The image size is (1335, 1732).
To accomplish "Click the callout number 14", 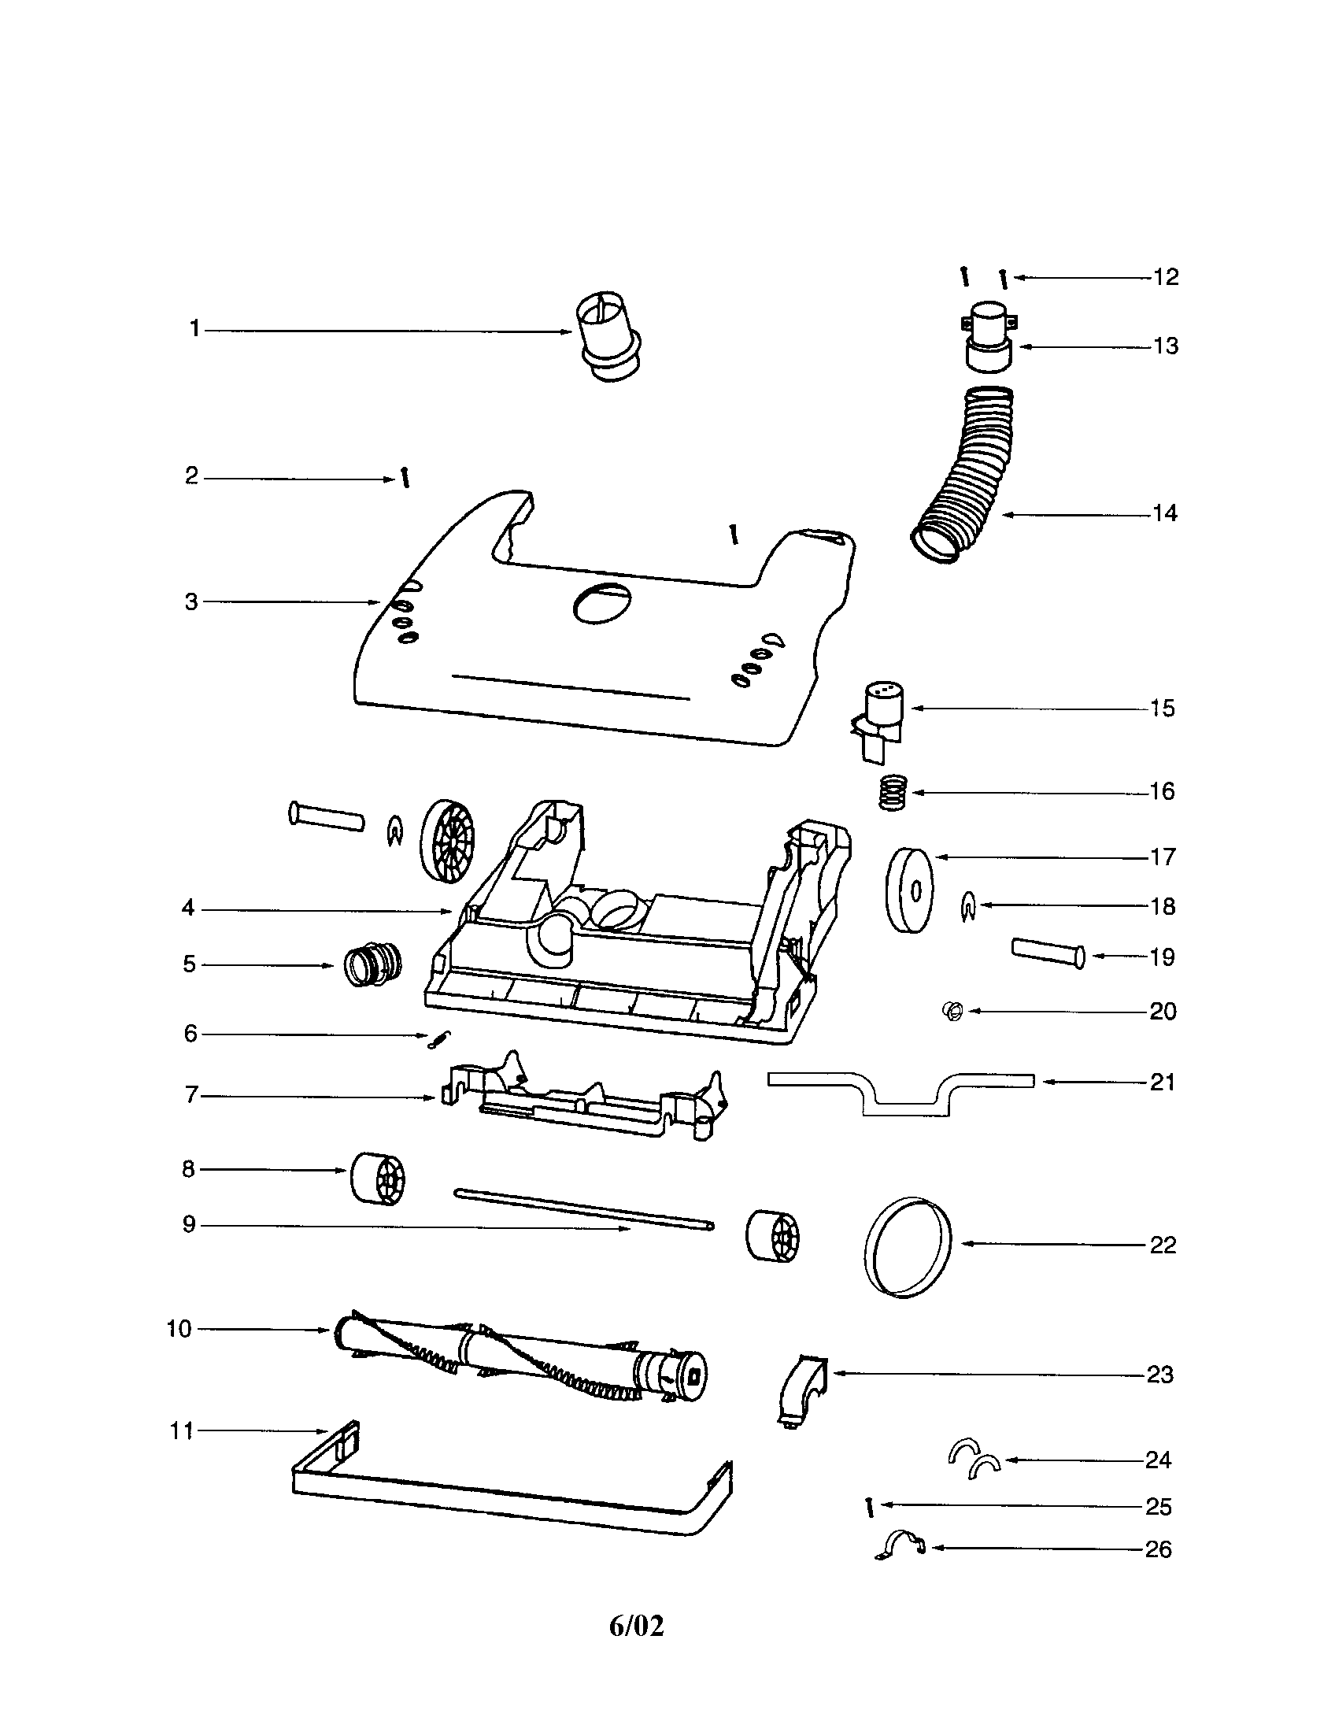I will click(1163, 514).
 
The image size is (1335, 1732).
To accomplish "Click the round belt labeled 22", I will click(907, 1246).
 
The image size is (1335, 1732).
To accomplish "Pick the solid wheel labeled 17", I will click(909, 890).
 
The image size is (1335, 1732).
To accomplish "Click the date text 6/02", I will click(636, 1625).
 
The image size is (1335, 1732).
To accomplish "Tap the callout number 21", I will click(1162, 1082).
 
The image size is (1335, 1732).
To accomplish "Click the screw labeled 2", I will click(406, 478).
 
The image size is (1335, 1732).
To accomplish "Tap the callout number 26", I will click(1158, 1549).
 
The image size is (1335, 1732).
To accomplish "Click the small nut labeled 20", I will click(954, 1011).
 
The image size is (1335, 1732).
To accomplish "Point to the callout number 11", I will click(182, 1430).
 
